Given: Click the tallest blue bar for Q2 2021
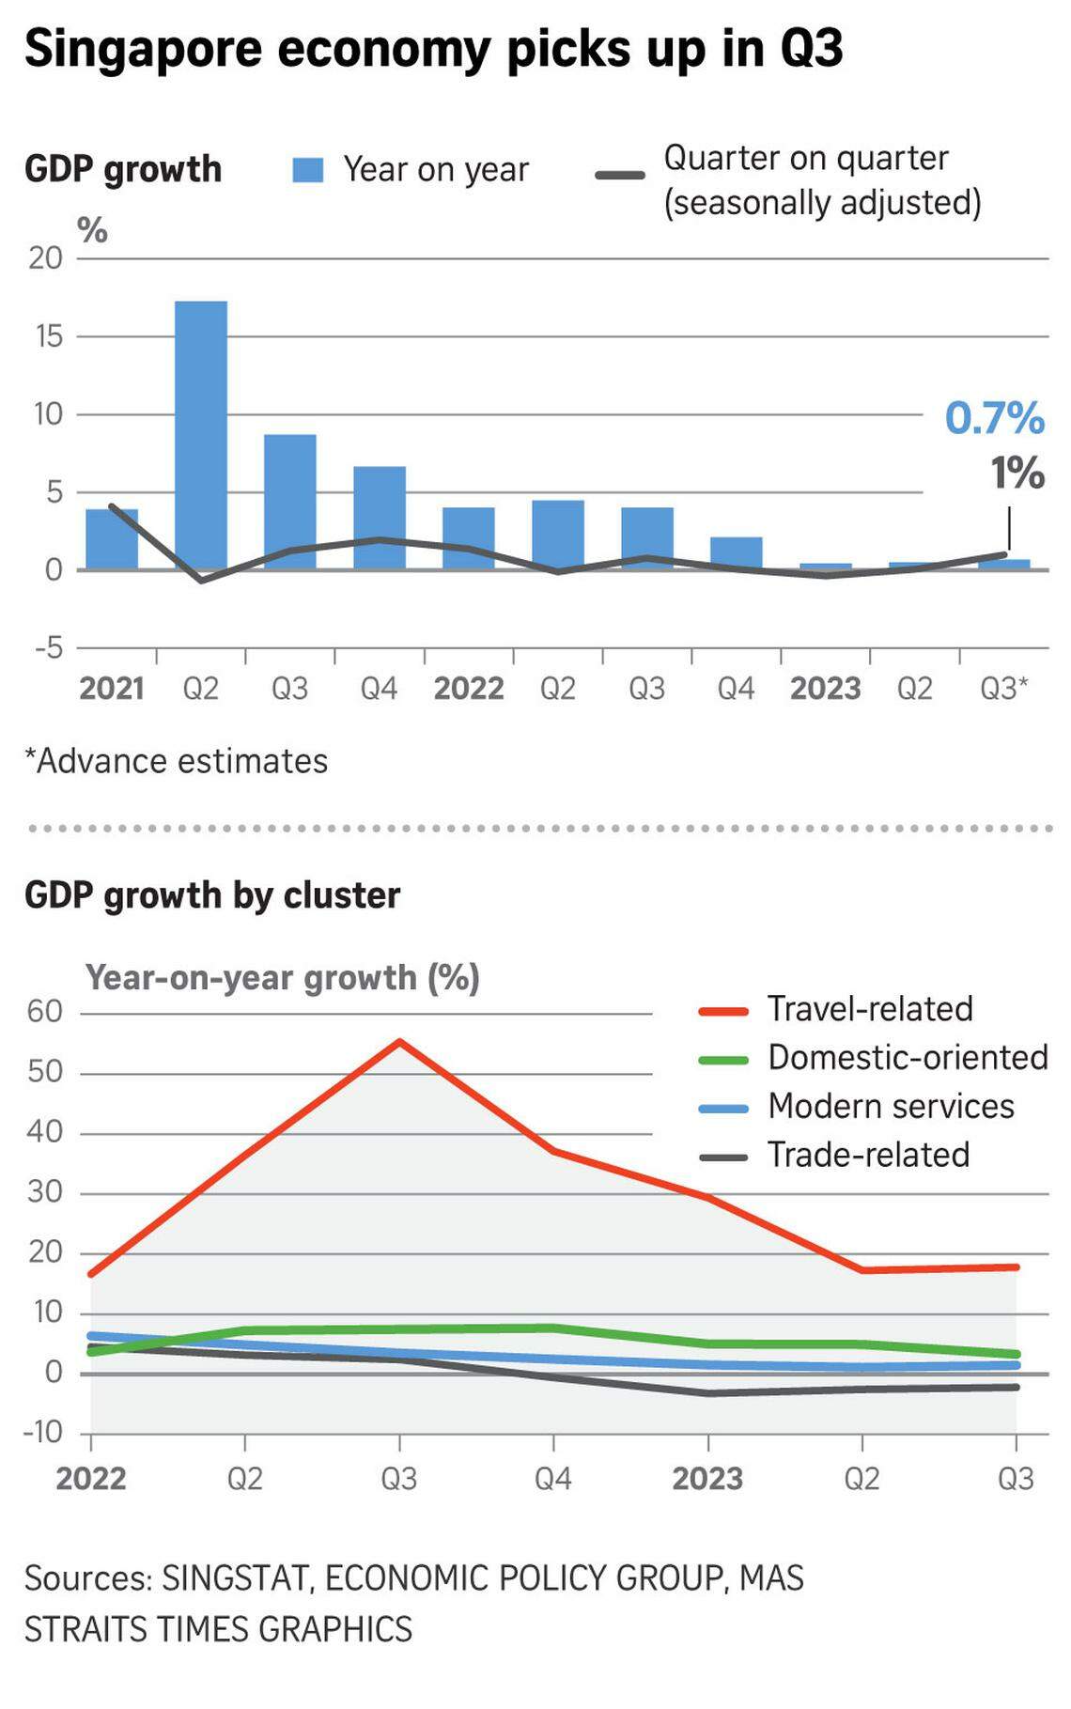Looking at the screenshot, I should [x=201, y=434].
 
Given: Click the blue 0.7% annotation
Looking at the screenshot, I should [x=994, y=418].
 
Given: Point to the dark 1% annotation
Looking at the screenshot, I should [x=1017, y=473].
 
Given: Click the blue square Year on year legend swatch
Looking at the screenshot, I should [x=308, y=170].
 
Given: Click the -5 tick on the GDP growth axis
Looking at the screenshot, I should [x=47, y=647].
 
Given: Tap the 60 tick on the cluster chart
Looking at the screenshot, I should [x=45, y=1012].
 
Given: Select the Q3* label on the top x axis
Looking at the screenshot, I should [x=1003, y=689].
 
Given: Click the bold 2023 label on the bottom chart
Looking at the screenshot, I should [x=707, y=1478].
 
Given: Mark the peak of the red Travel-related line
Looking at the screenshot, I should [x=399, y=1042].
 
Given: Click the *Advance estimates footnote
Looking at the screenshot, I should [x=177, y=761].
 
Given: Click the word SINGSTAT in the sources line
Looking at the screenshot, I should [x=236, y=1578].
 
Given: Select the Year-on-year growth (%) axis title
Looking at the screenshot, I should [x=282, y=978].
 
